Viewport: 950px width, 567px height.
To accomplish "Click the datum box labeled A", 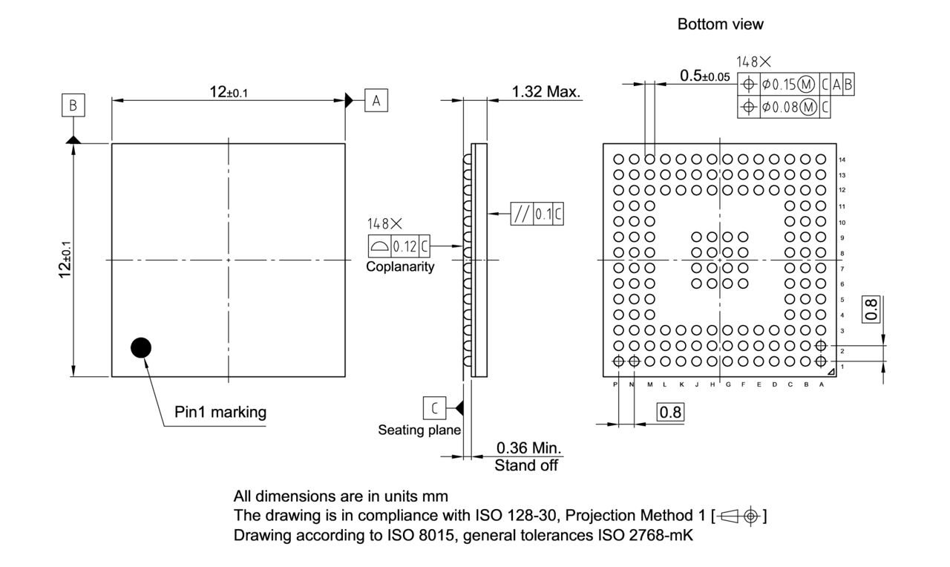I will (x=376, y=100).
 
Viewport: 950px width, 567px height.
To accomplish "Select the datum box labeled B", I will (x=73, y=105).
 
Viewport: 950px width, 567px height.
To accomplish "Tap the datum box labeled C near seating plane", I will (x=434, y=407).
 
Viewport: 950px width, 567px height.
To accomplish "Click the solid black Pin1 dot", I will (x=140, y=347).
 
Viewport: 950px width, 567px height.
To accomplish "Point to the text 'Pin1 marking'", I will (x=220, y=412).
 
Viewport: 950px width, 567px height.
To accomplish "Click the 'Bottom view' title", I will (x=720, y=24).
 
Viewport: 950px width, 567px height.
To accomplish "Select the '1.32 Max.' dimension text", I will (x=547, y=91).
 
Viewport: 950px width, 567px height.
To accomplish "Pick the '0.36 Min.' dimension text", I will (x=528, y=448).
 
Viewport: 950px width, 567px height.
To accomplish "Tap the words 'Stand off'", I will (x=526, y=466).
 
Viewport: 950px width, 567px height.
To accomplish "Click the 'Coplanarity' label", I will (x=400, y=267).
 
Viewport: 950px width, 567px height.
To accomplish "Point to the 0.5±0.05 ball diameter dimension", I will (x=704, y=76).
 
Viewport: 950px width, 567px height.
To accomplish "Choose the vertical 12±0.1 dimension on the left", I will (x=65, y=260).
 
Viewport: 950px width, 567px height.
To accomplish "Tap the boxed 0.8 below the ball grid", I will (x=670, y=412).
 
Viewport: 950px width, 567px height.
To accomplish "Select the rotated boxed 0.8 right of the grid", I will (x=872, y=308).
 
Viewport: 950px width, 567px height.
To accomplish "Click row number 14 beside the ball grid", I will (x=842, y=160).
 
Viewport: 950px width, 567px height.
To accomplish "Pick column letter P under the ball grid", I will (x=616, y=384).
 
